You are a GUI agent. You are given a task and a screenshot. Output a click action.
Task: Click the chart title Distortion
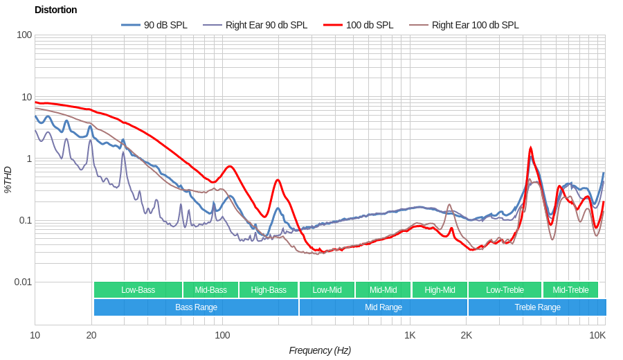(x=55, y=10)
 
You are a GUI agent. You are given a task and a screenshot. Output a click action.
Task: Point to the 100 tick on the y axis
(x=24, y=35)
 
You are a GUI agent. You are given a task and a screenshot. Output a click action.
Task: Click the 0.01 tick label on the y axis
(x=23, y=282)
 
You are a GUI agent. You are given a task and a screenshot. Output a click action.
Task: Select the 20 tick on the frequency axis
(x=91, y=335)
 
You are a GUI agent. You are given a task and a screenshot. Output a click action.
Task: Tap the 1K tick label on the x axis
(x=410, y=335)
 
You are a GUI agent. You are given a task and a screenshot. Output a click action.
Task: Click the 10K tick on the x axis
(x=597, y=335)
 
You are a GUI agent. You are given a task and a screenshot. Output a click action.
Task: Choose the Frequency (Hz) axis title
(x=320, y=350)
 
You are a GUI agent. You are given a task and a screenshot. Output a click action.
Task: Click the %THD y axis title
(x=8, y=179)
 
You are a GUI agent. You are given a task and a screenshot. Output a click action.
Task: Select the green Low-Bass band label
(x=138, y=290)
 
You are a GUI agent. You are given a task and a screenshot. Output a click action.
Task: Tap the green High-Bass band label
(x=268, y=290)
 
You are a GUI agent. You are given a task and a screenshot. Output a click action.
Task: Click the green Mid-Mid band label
(x=383, y=290)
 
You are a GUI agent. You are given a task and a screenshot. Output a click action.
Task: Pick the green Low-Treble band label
(x=505, y=290)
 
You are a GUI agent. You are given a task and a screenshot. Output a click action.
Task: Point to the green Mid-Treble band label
(x=570, y=290)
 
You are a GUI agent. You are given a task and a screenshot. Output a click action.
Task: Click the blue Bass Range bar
(x=196, y=307)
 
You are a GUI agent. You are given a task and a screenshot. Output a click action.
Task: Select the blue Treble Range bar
(x=537, y=307)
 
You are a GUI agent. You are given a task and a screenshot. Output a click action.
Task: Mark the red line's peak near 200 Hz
(x=278, y=180)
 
